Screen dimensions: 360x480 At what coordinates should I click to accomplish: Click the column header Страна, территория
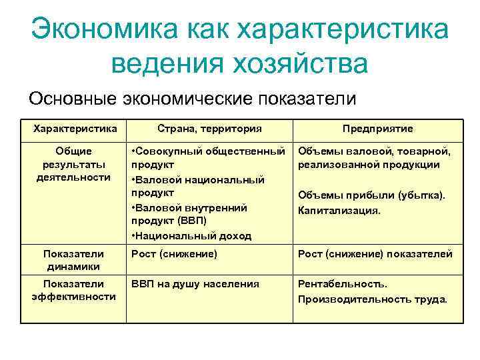[x=209, y=128]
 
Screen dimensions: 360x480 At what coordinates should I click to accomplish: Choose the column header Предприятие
[x=377, y=128]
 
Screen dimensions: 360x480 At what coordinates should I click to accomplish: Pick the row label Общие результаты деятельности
[x=73, y=164]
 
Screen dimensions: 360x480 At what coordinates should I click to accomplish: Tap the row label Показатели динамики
[x=73, y=260]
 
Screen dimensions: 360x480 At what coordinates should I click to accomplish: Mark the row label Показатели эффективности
[x=73, y=290]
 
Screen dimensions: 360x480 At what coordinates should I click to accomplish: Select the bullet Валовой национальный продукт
[x=198, y=186]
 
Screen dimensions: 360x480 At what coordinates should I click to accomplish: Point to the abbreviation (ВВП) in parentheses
[x=188, y=221]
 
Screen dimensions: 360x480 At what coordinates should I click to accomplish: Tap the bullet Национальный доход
[x=191, y=235]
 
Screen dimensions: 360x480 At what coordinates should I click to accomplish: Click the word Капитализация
[x=339, y=211]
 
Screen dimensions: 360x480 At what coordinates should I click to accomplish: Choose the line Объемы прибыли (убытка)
[x=371, y=196]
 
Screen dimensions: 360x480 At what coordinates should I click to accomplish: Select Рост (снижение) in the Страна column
[x=174, y=254]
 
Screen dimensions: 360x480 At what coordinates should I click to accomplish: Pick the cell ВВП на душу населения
[x=195, y=284]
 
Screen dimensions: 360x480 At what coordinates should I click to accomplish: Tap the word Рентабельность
[x=342, y=284]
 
